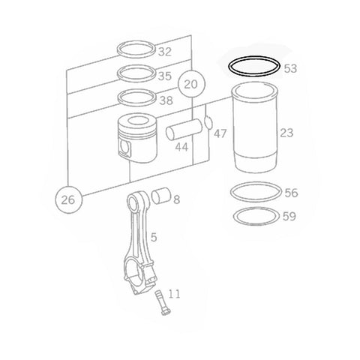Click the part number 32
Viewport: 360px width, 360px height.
coord(165,52)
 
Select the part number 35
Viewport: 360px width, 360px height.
coord(165,76)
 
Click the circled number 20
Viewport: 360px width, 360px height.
coord(192,84)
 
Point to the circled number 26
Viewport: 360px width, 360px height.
coord(68,199)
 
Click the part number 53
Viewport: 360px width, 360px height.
coord(291,68)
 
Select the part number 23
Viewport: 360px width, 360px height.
coord(286,133)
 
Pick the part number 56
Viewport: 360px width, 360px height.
coord(292,193)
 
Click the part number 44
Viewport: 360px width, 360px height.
coord(181,148)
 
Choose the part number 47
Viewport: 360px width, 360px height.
coord(220,134)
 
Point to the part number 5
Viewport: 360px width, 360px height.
coord(153,238)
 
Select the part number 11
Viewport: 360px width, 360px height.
coord(174,293)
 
